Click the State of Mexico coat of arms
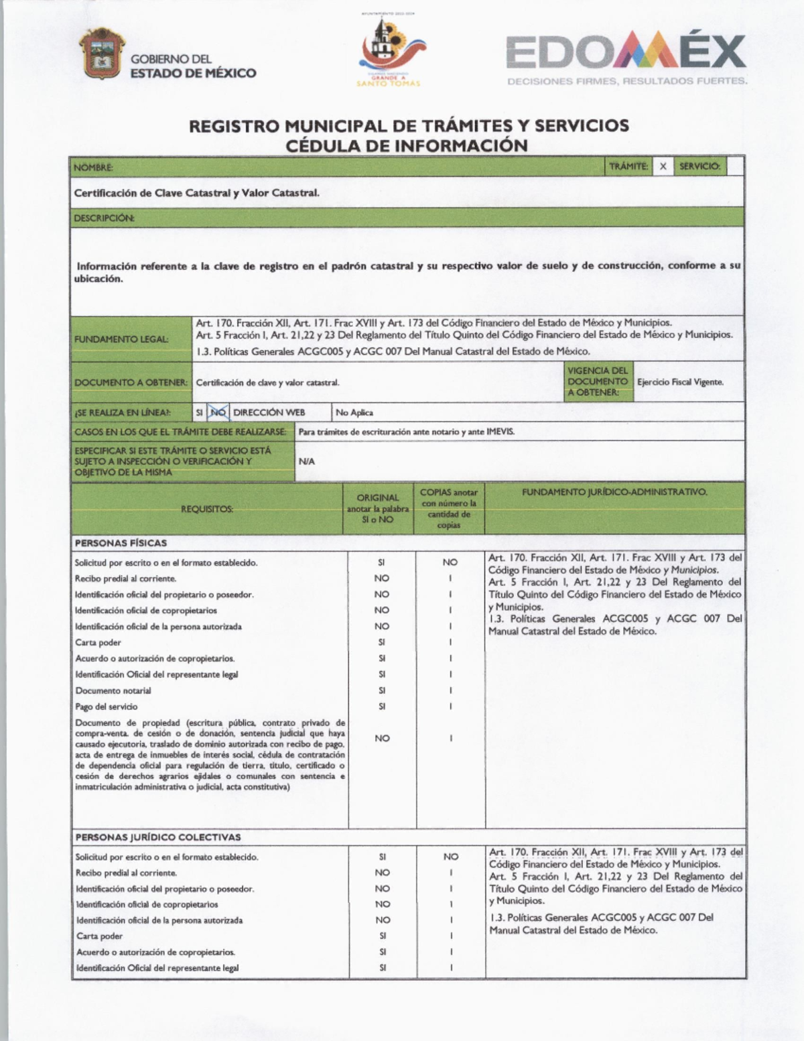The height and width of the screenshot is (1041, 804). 102,54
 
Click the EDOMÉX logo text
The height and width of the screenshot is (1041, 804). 626,54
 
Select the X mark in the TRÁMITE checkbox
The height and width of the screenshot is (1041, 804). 663,166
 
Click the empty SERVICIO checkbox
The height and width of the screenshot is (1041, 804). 735,166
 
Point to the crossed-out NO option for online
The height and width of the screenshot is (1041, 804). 218,412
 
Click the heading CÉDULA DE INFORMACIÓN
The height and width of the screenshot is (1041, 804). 407,145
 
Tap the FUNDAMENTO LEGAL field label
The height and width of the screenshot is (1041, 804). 121,339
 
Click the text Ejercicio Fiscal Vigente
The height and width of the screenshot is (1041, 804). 680,382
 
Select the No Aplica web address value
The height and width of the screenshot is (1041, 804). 354,412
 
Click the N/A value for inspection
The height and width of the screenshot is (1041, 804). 306,461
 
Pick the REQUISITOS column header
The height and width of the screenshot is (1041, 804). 207,509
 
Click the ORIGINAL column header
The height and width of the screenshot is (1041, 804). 378,498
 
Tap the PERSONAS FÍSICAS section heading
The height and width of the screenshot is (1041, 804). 121,543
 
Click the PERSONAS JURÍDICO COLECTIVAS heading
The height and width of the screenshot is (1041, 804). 157,837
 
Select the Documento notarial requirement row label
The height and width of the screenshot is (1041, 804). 113,690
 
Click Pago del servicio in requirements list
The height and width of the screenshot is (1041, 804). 106,707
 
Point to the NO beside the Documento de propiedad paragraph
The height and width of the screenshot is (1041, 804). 382,738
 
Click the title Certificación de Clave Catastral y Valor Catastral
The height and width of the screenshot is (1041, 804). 196,193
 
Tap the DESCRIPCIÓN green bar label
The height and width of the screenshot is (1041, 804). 104,218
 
